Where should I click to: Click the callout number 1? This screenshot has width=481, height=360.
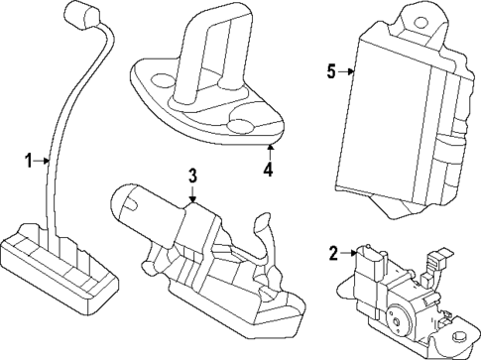29,160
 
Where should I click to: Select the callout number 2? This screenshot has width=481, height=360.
333,253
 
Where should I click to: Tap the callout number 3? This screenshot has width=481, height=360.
192,176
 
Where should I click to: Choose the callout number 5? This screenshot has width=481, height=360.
331,70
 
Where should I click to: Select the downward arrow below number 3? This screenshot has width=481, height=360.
193,197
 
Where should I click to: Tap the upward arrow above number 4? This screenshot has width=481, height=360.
268,149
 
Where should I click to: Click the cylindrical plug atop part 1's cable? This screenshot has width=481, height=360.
76,15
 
